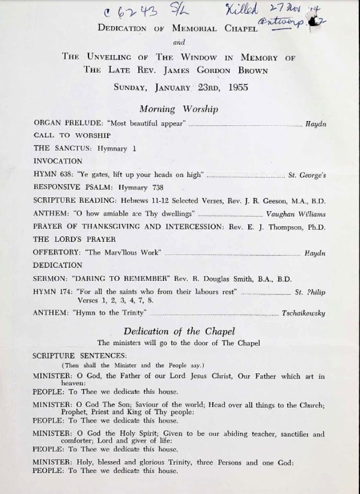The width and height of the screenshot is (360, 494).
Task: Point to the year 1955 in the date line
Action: click(238, 87)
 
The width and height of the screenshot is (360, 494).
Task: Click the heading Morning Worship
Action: click(178, 109)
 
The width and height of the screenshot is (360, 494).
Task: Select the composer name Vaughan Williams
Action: click(295, 214)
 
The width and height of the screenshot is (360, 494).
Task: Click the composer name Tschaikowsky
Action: click(303, 313)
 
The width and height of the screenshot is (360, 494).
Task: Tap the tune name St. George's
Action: click(307, 175)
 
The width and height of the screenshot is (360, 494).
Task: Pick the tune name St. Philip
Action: click(310, 292)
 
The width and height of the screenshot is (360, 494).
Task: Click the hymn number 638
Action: click(65, 174)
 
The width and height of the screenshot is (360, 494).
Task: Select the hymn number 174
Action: click(65, 292)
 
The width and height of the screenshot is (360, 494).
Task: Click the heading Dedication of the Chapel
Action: click(179, 331)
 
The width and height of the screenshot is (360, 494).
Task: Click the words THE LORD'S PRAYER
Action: click(74, 240)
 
